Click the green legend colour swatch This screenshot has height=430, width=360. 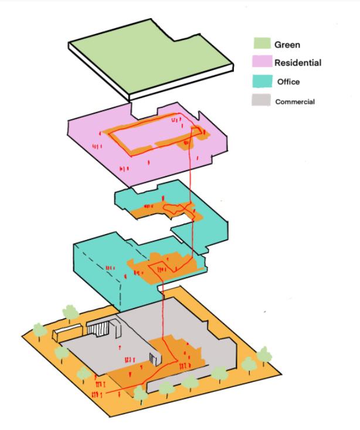pos(261,43)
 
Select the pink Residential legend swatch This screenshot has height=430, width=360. pos(261,62)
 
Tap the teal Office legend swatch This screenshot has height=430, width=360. pos(261,82)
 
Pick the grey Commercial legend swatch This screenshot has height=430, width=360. pos(261,101)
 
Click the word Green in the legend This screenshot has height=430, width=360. pos(287,44)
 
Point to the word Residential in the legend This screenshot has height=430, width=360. pos(298,63)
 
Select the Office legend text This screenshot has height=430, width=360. pos(288,82)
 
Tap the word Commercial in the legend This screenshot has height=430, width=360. pos(295,101)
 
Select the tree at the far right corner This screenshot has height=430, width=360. pos(264,354)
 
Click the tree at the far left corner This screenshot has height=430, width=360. pos(39,329)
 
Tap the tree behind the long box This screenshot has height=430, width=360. pos(70,312)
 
